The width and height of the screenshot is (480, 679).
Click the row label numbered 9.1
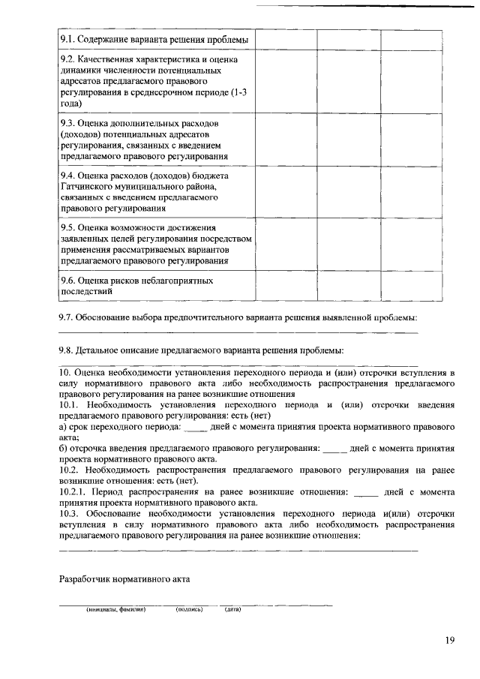pyautogui.click(x=154, y=39)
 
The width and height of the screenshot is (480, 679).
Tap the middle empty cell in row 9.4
pyautogui.click(x=348, y=192)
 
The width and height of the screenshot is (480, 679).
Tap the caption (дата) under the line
pyautogui.click(x=232, y=609)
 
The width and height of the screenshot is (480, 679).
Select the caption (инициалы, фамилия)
pyautogui.click(x=115, y=609)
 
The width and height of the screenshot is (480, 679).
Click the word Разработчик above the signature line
pyautogui.click(x=89, y=578)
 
